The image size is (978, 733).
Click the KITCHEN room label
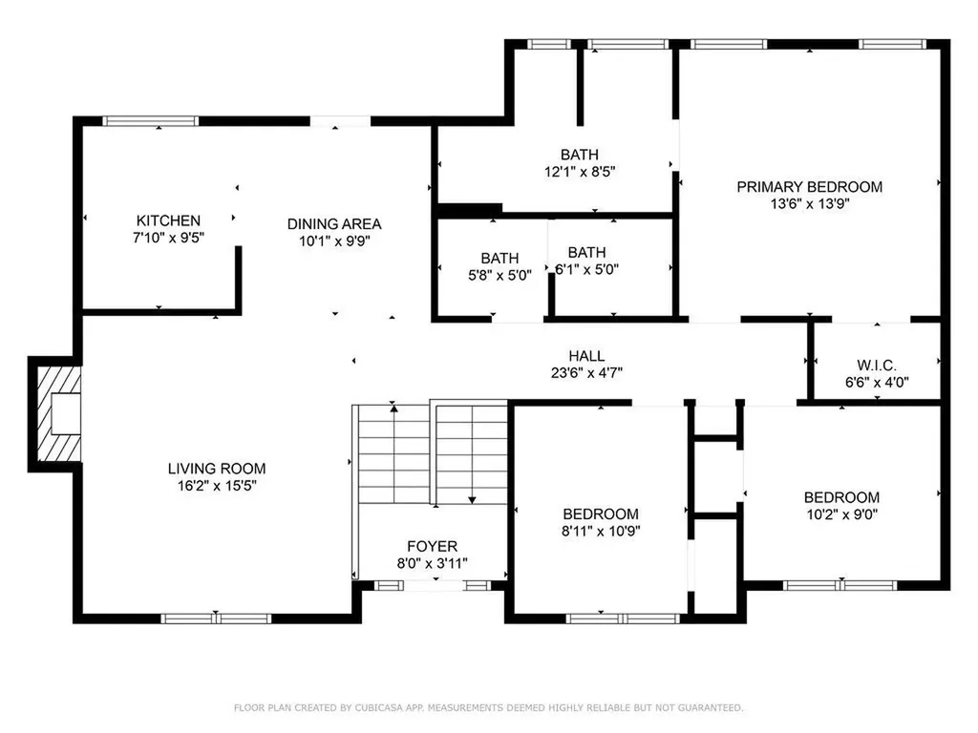pos(168,220)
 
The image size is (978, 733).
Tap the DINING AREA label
pos(334,223)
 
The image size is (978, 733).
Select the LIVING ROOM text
pos(217,469)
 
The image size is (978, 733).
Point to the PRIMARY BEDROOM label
pos(810,187)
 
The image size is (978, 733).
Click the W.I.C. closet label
pos(877,366)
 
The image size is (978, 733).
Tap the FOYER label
pos(433,547)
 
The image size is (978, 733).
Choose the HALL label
pos(586,356)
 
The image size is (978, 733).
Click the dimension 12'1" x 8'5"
pos(580,172)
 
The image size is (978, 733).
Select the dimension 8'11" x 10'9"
pos(601,531)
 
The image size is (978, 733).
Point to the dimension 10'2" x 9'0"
pos(842,514)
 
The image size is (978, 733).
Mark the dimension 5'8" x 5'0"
pos(500,275)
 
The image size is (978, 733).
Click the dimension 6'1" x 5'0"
pos(587,269)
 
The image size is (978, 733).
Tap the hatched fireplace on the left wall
pos(59,414)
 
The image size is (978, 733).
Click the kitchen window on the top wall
pos(150,121)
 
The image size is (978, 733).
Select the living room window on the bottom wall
pos(216,618)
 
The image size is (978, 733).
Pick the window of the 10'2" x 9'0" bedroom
pos(840,585)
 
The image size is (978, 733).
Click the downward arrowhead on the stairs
pos(472,499)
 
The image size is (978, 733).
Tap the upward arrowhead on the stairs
pos(393,408)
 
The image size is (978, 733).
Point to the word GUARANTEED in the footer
pos(711,707)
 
